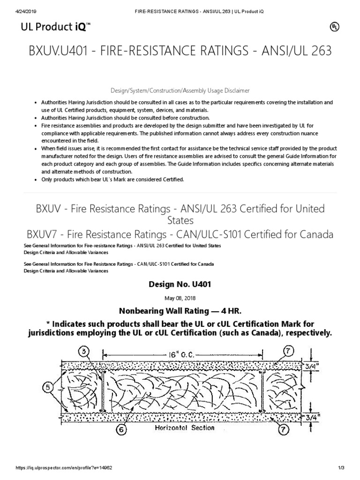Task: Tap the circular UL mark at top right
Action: click(334, 27)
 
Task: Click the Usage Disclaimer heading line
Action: click(180, 90)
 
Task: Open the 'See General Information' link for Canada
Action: click(118, 264)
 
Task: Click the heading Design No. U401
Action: click(180, 285)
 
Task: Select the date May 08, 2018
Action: click(180, 298)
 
